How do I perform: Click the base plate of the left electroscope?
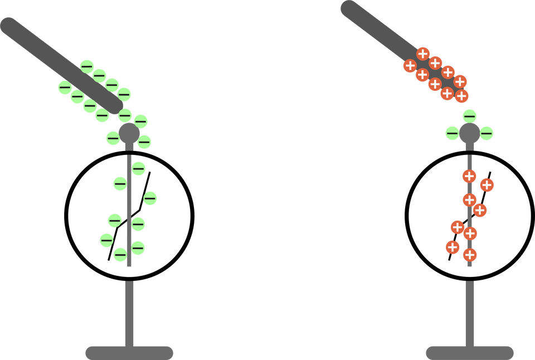point(129,352)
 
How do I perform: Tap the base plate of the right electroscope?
point(469,352)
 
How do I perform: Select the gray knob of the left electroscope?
point(129,134)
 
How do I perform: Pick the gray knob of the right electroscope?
point(469,134)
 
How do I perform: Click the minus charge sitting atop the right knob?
point(470,116)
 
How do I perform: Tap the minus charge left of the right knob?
point(452,133)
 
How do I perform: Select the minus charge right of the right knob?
point(487,133)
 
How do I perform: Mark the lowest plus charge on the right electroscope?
point(470,255)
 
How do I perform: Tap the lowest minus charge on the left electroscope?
point(120,255)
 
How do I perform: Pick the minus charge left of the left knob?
point(113,138)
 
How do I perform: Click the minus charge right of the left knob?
point(144,142)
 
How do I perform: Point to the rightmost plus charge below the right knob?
point(487,185)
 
